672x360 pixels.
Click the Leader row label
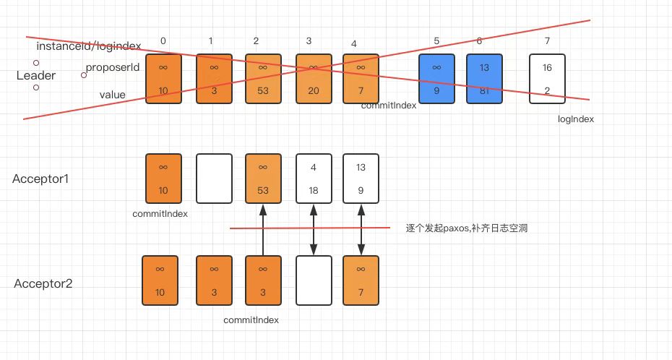click(36, 75)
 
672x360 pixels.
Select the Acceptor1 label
click(41, 179)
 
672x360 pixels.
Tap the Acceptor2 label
click(43, 283)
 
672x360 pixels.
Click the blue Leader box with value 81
click(484, 78)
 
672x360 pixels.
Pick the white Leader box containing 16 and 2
click(547, 78)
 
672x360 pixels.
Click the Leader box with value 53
click(263, 78)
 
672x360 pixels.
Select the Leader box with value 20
click(314, 78)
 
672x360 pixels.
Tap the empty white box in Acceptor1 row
click(214, 179)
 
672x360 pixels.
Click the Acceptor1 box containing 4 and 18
click(314, 179)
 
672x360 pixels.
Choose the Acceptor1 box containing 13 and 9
click(361, 179)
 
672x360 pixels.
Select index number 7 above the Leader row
click(548, 40)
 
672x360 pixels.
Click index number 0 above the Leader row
click(163, 40)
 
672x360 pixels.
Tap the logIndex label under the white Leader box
click(576, 119)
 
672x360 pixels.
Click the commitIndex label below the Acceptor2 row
click(251, 319)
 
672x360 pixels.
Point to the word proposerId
click(112, 67)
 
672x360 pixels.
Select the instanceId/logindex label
click(88, 46)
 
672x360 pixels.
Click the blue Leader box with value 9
click(436, 78)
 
